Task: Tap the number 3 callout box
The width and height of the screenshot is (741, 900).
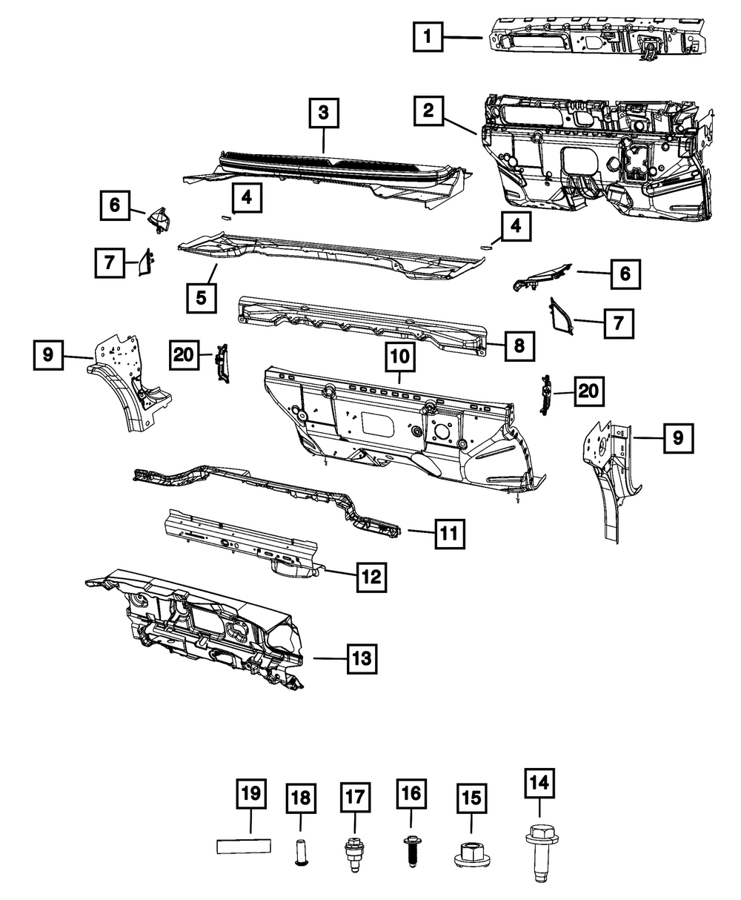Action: (x=324, y=115)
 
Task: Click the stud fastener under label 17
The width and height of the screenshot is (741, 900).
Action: (x=353, y=853)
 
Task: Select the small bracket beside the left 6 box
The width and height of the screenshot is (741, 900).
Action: (x=158, y=216)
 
